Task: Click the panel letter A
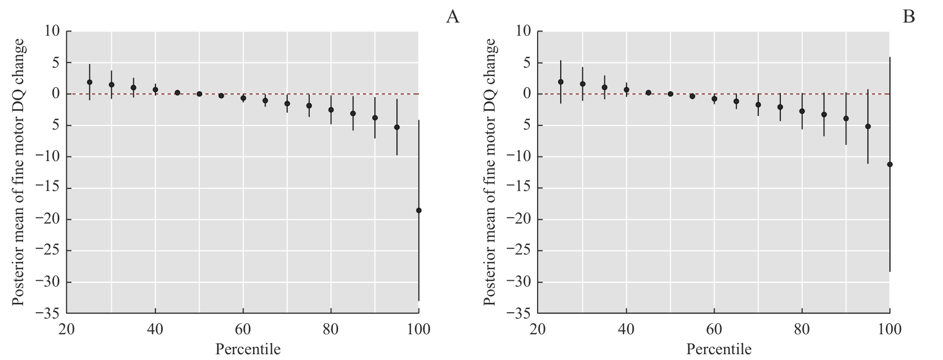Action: point(453,17)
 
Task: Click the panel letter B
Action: point(908,17)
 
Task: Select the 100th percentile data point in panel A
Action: point(418,210)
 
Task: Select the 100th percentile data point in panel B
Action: point(889,164)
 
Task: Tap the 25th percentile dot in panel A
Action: point(90,82)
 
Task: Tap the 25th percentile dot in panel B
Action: point(561,82)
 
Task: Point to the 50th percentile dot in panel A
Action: point(200,94)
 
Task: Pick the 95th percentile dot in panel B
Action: point(868,126)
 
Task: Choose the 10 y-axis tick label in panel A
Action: point(52,31)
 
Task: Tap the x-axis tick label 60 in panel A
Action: point(243,330)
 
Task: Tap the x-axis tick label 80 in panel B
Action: point(802,330)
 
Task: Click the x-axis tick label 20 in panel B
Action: point(538,330)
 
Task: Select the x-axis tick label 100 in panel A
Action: point(418,330)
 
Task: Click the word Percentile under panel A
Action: point(248,349)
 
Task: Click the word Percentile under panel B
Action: point(719,349)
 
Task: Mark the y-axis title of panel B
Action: point(489,172)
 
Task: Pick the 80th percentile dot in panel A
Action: point(331,110)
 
